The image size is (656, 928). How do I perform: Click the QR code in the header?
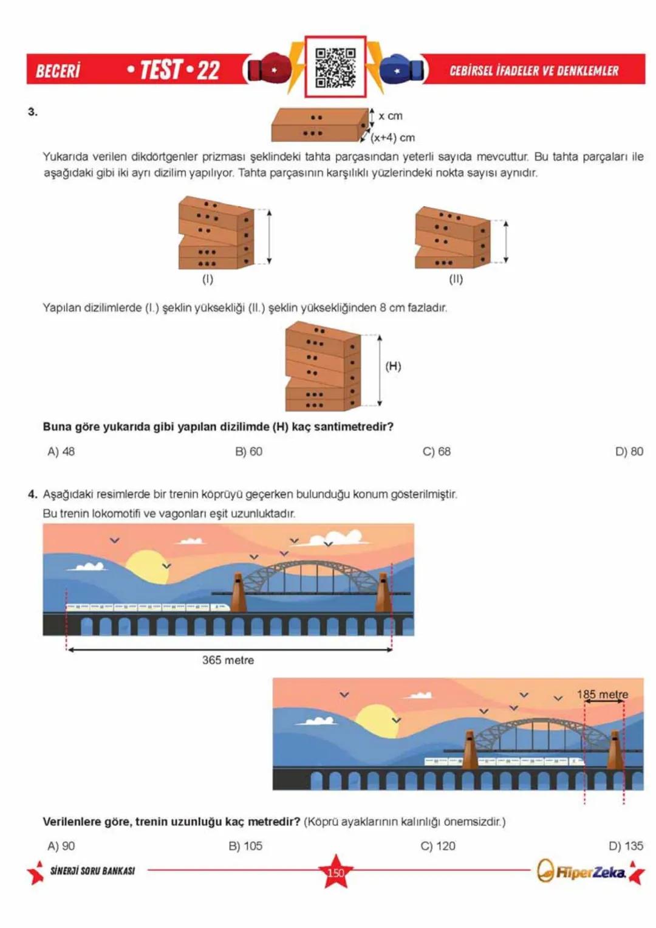point(335,67)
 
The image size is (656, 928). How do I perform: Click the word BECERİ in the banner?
point(58,70)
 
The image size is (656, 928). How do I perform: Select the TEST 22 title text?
point(174,70)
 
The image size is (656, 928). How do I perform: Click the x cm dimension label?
point(390,115)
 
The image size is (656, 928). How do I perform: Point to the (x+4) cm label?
point(393,137)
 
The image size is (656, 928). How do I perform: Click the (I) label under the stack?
point(208,279)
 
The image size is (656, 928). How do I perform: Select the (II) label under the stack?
point(456,279)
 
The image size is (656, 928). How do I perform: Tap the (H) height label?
point(393,366)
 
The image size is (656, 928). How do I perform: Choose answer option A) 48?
point(61,452)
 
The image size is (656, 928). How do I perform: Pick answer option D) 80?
point(629,452)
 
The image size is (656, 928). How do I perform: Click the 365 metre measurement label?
point(228,660)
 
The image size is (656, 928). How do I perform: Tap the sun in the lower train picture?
point(375,720)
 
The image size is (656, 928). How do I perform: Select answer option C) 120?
point(438,846)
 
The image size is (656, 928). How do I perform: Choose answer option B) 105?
point(245,846)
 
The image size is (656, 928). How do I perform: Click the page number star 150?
point(335,872)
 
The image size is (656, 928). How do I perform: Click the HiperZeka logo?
point(583,872)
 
